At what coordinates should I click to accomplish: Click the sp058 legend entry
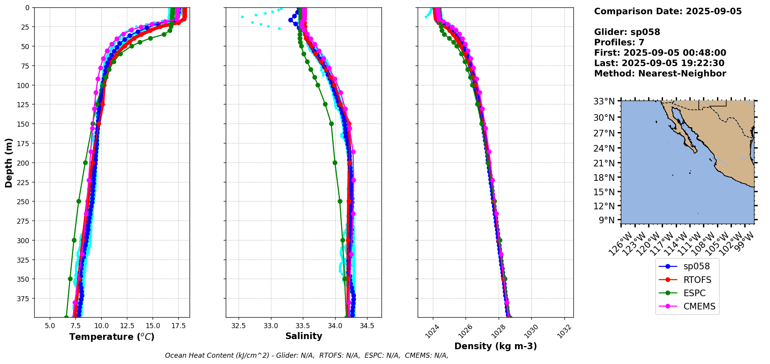point(696,267)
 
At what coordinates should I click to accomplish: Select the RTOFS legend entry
point(697,280)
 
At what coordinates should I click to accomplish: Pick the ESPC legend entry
point(694,293)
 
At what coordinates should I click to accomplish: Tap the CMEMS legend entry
point(699,306)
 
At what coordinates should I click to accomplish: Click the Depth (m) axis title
point(9,163)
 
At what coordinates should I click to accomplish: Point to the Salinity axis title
point(304,336)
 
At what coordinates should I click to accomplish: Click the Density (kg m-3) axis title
point(496,346)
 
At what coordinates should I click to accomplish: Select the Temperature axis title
point(112,337)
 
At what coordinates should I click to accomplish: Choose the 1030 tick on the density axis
point(531,331)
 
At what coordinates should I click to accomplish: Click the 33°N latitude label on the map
point(604,101)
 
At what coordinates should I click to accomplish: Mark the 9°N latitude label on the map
point(607,220)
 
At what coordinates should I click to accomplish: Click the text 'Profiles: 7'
point(619,42)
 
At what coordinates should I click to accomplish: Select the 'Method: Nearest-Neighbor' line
point(660,74)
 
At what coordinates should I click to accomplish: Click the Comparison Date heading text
point(668,11)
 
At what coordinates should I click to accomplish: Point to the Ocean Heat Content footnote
point(306,355)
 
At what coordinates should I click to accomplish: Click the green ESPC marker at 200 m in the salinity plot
point(335,163)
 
